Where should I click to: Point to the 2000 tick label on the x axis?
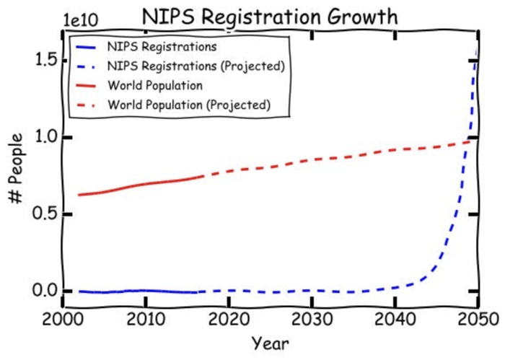[63, 318]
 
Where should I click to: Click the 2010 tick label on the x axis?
[146, 318]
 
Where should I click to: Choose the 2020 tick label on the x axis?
[229, 318]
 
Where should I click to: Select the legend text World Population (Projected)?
[188, 105]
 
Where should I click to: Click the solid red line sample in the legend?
[88, 86]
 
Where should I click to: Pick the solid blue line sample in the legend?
[88, 47]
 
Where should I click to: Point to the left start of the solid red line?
[79, 195]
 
